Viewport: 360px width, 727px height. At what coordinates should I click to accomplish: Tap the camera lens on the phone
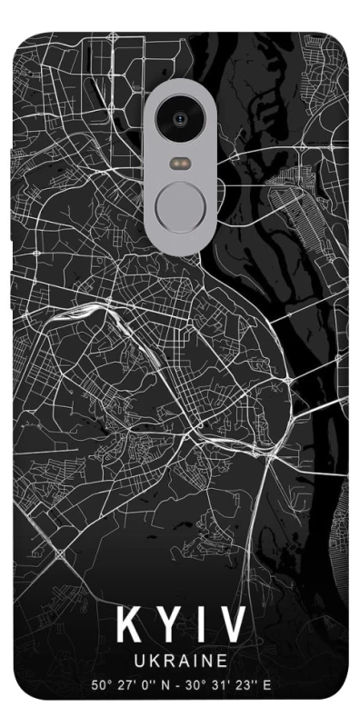180,117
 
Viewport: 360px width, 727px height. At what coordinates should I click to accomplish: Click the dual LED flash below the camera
180,164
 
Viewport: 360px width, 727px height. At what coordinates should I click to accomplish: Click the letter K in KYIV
128,624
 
